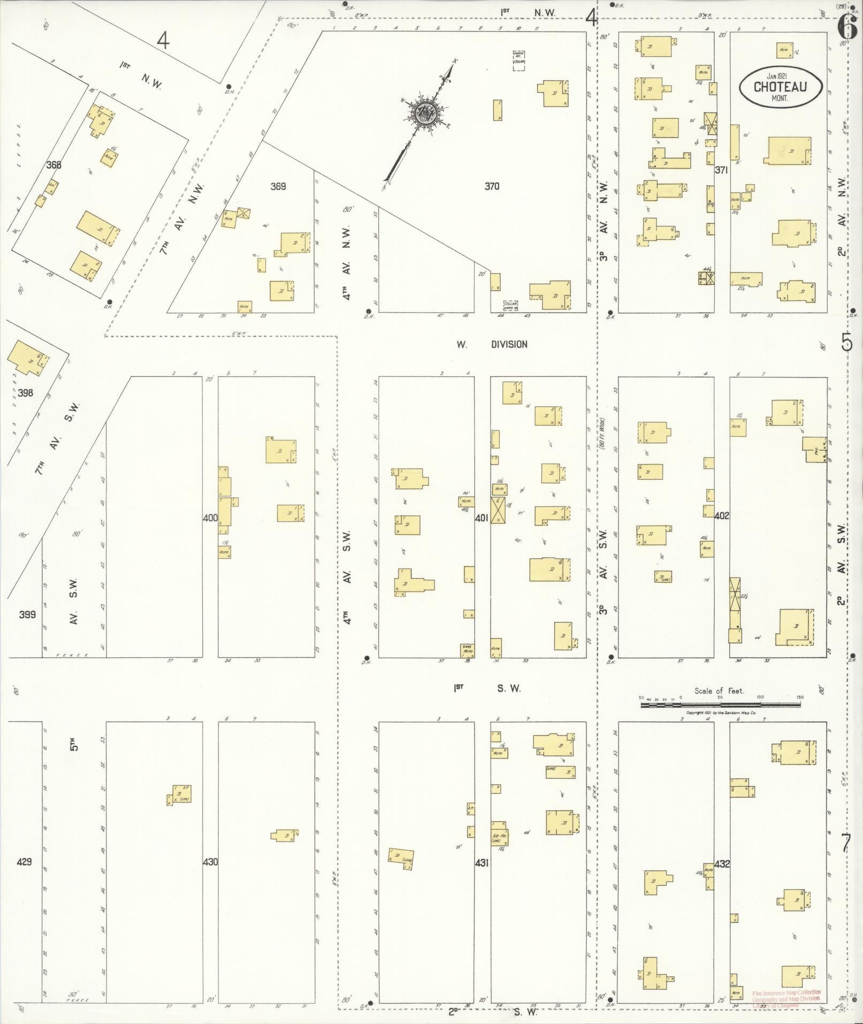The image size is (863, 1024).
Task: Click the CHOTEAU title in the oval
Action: point(780,87)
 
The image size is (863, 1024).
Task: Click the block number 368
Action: point(54,165)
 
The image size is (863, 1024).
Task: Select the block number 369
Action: point(278,186)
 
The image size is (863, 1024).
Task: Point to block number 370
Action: point(492,186)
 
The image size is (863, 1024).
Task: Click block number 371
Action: point(722,170)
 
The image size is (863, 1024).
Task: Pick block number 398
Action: point(25,393)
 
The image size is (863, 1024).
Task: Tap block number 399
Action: point(27,615)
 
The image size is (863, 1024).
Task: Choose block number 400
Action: point(210,518)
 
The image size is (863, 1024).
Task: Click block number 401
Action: point(482,518)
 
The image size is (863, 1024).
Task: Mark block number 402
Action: point(722,515)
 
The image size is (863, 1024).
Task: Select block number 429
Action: point(25,862)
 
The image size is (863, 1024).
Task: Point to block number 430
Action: point(210,862)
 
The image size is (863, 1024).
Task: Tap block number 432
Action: point(722,863)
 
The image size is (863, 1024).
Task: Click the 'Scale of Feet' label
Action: point(719,691)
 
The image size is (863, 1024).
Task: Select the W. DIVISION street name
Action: point(492,345)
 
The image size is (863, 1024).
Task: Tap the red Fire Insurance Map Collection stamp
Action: point(785,999)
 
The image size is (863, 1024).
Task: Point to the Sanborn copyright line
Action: point(721,714)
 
